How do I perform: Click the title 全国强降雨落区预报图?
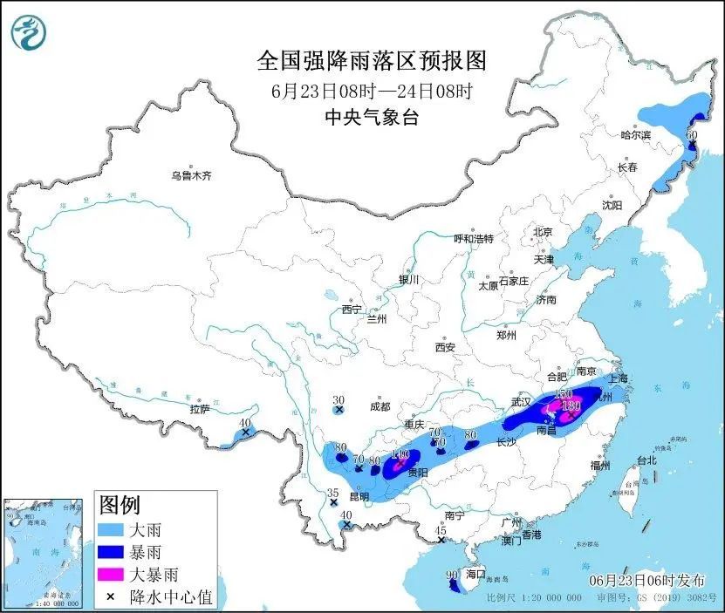point(370,61)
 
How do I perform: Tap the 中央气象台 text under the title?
point(371,118)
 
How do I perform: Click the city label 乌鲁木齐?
point(191,175)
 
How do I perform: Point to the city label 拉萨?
point(199,409)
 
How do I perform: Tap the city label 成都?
point(380,406)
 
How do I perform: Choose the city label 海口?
point(475,574)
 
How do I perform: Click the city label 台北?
point(646,460)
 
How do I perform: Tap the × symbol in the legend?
point(112,596)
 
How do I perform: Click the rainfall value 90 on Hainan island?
point(451,575)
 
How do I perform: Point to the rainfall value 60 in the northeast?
point(692,136)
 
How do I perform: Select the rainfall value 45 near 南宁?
point(441,530)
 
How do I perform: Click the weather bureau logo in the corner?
point(27,32)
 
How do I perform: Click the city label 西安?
point(445,347)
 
